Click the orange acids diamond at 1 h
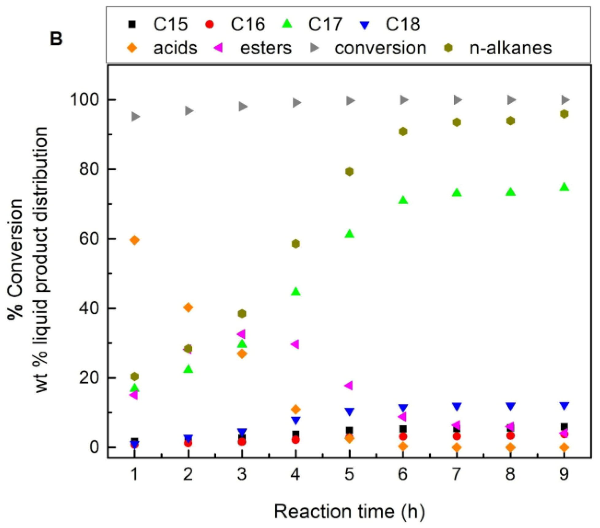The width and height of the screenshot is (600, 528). pos(134,240)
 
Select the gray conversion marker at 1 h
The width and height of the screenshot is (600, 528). pos(135,117)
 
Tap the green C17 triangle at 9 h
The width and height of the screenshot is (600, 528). pos(564,187)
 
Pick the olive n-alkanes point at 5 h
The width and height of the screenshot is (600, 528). pos(349,172)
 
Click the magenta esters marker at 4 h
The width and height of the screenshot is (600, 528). pos(295,344)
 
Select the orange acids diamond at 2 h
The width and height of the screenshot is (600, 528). pos(188,307)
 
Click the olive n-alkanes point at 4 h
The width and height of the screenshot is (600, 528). pos(296,244)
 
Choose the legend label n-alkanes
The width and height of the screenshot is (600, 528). pos(510,48)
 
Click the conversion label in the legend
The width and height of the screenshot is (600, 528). pos(380,48)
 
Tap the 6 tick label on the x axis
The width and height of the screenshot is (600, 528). pos(403,474)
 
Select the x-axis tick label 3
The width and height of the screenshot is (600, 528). pos(242,474)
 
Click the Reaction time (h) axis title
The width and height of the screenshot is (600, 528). pos(349,511)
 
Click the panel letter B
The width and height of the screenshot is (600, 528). pos(56,39)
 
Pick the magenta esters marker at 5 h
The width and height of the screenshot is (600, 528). pos(348,386)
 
